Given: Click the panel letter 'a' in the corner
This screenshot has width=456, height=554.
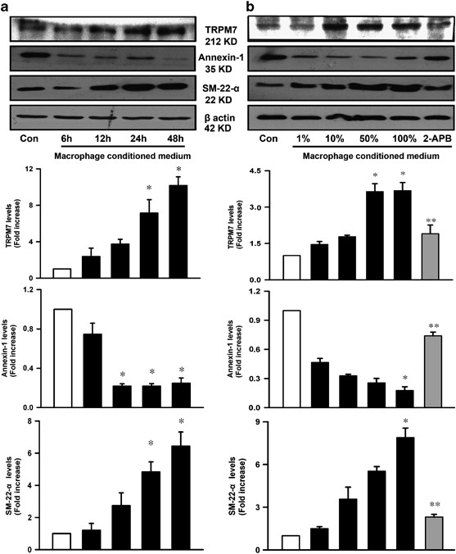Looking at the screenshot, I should pyautogui.click(x=7, y=8).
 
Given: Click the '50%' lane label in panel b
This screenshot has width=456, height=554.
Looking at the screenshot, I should pyautogui.click(x=345, y=137).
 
